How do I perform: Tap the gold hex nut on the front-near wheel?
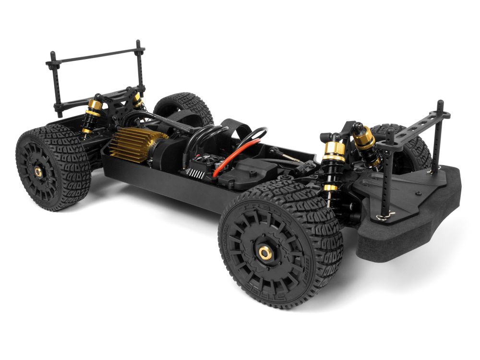click(x=264, y=252)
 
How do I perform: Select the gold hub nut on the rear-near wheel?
click(x=37, y=171)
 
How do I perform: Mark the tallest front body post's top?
click(x=440, y=104)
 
